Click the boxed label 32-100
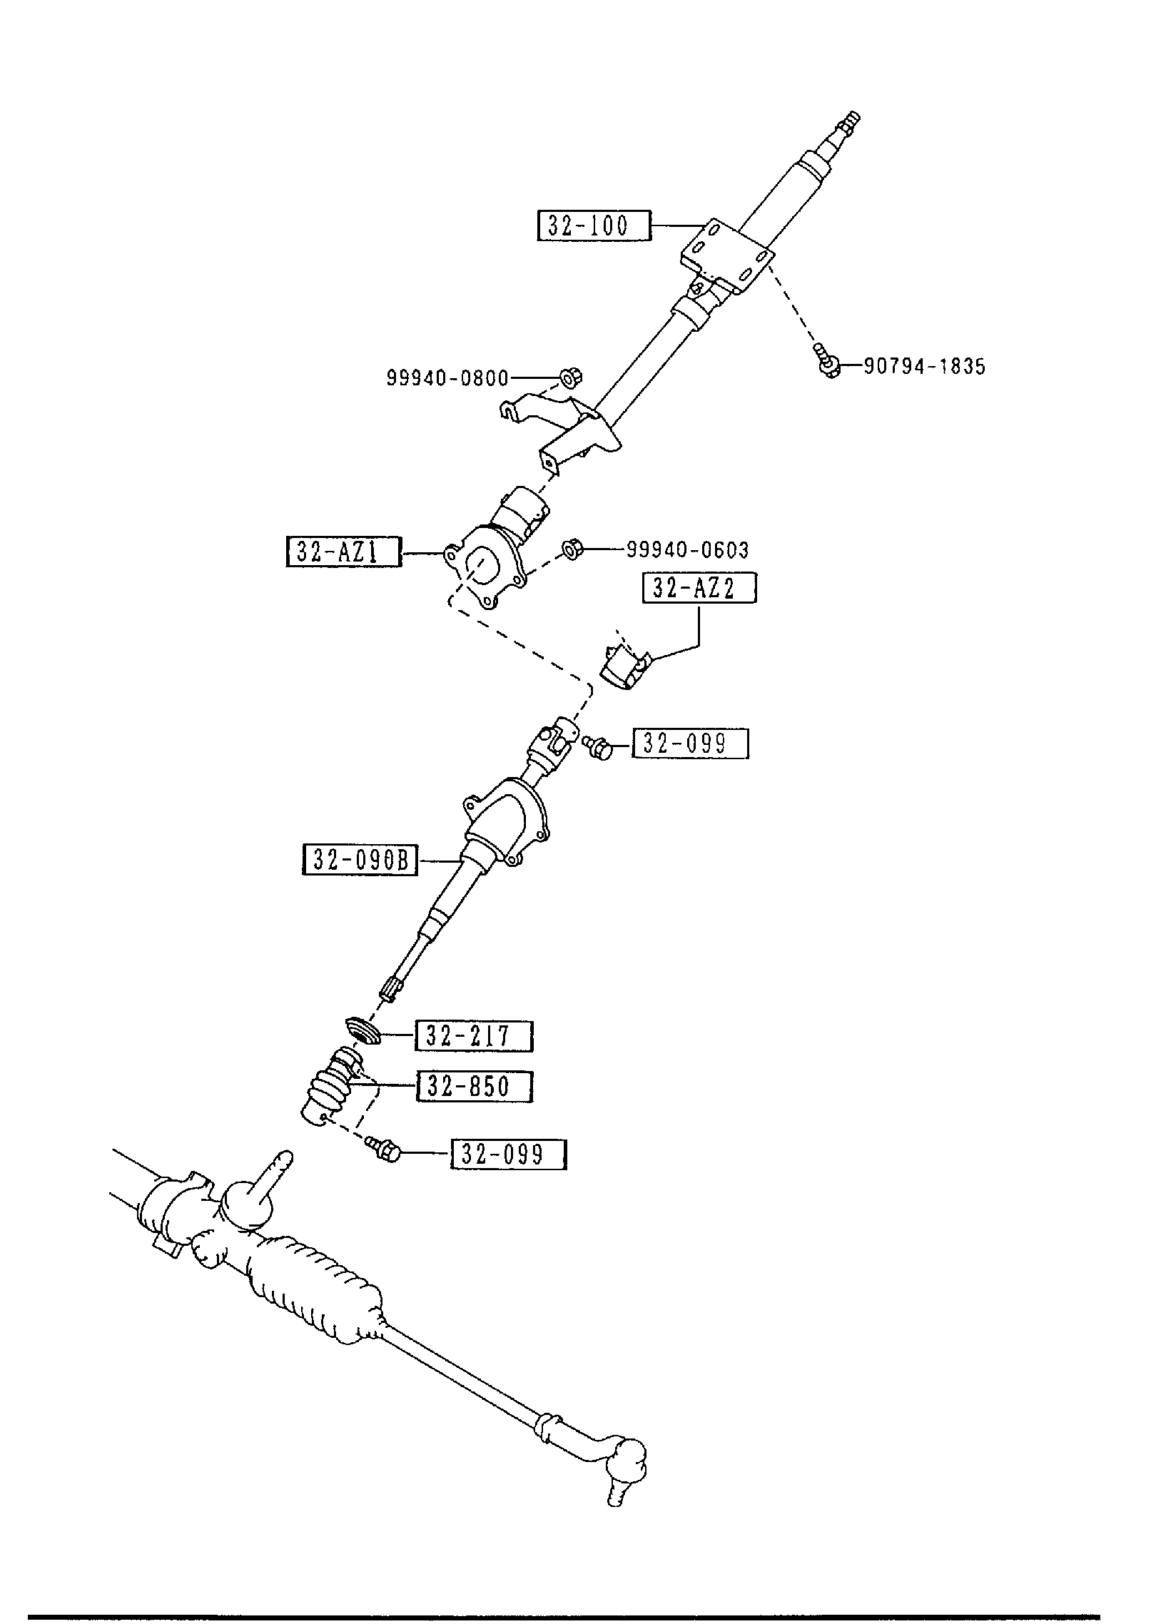(594, 225)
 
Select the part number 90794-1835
(924, 367)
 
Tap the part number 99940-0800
(447, 377)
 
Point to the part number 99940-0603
(687, 550)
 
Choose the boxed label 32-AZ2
(699, 589)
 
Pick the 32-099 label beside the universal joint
(690, 744)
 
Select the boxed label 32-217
(473, 1036)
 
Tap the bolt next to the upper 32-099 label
(597, 746)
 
